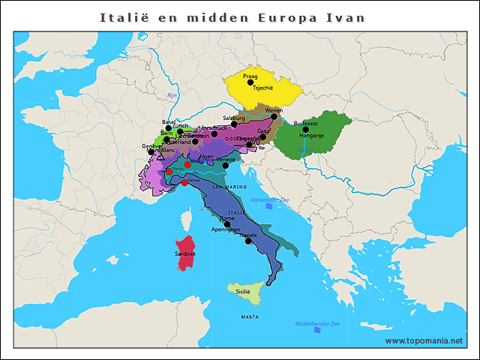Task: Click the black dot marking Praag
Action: coord(250,82)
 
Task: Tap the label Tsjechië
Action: coord(263,88)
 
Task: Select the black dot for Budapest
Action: coord(305,129)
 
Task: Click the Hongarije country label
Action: coord(311,136)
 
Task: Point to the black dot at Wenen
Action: coord(274,116)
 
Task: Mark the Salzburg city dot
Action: coord(234,124)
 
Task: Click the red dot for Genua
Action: coord(184,182)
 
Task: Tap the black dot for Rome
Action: coord(226,223)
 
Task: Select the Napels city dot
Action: coord(248,241)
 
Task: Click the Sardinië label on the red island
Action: coord(184,254)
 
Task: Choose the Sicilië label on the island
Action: coord(243,291)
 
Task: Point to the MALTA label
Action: coord(250,317)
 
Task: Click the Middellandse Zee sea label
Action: coord(317,323)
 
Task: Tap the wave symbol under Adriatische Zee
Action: coord(268,205)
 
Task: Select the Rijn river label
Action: coord(171,96)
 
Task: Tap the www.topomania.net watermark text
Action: coord(424,340)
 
